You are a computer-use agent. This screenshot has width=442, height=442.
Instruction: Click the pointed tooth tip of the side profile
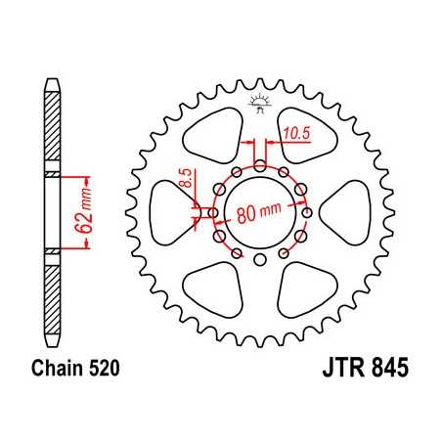[51, 82]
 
